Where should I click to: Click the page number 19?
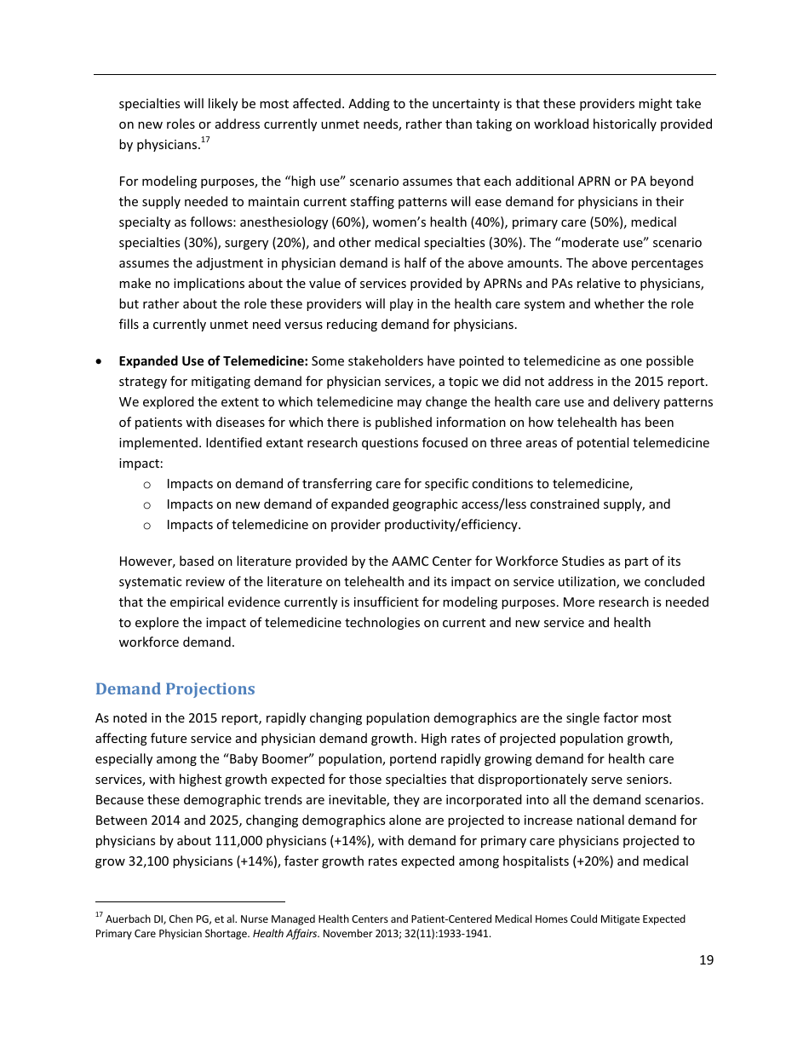pos(706,960)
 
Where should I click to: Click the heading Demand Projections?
pos(175,688)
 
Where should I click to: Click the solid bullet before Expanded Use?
pos(100,362)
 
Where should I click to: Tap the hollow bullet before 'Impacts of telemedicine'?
pos(146,526)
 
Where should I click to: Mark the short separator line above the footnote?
pos(190,901)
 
